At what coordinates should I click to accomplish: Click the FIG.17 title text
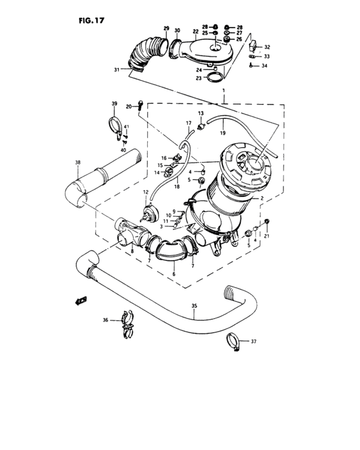click(87, 20)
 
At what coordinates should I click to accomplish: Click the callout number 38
click(78, 162)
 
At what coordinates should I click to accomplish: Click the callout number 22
click(195, 31)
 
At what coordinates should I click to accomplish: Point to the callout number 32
click(267, 48)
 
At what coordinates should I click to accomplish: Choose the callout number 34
click(264, 66)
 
